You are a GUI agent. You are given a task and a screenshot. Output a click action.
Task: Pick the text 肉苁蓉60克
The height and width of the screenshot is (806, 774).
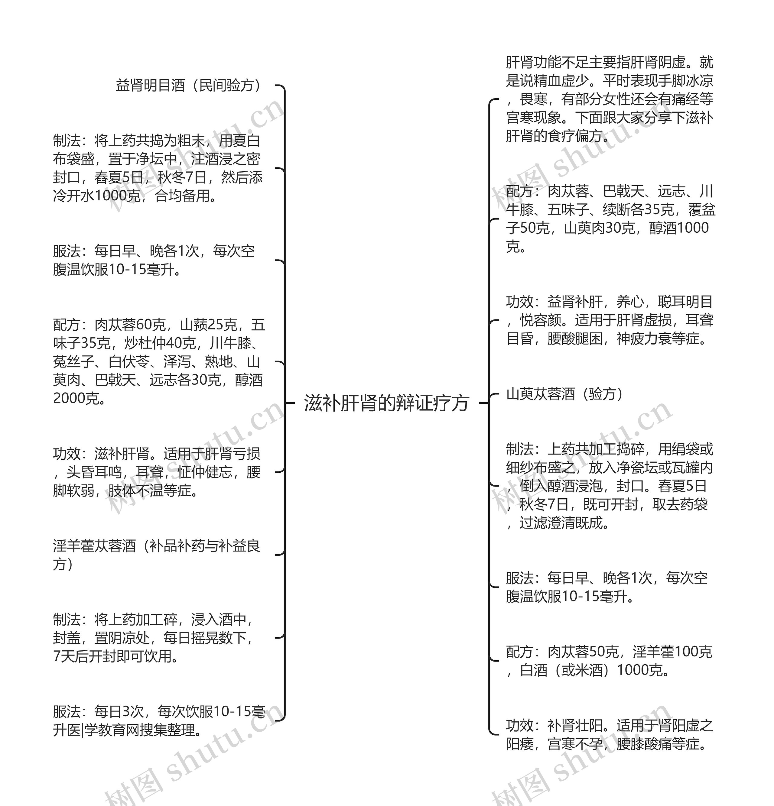130,325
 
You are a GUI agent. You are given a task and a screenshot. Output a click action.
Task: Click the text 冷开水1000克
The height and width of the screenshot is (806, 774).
97,196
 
